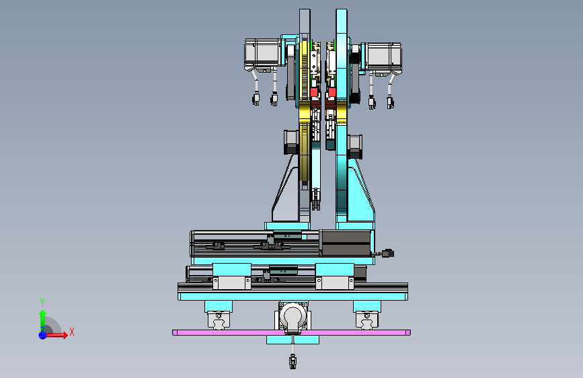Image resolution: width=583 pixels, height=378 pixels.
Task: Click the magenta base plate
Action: [x=292, y=333]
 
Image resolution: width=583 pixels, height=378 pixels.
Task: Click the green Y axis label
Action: [x=42, y=303]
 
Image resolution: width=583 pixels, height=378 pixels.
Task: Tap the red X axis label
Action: [x=72, y=332]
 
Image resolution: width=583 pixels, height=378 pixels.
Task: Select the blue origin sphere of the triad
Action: [x=43, y=335]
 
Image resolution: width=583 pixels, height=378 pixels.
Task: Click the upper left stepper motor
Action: [x=262, y=54]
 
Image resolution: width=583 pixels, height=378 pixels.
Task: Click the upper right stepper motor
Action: [x=383, y=58]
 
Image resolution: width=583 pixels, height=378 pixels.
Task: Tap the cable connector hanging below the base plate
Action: [x=293, y=361]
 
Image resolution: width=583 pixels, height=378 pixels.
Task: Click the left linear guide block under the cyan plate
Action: [x=219, y=320]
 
